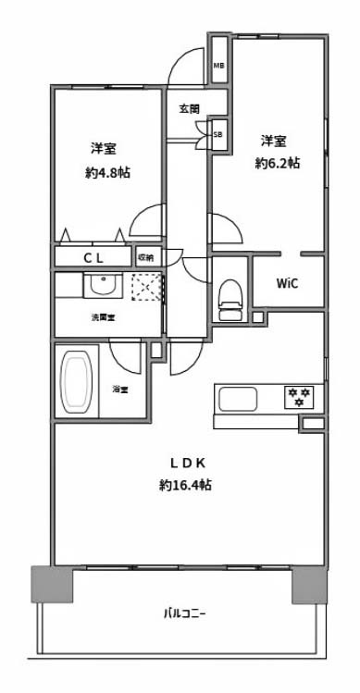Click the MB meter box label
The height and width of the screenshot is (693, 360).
pyautogui.click(x=219, y=67)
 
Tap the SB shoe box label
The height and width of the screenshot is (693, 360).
pyautogui.click(x=218, y=134)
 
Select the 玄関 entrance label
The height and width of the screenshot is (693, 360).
pyautogui.click(x=190, y=109)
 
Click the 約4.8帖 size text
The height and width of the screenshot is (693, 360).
pyautogui.click(x=107, y=172)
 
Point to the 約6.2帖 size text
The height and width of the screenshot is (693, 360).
pyautogui.click(x=278, y=164)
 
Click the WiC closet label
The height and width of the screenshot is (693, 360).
pyautogui.click(x=287, y=283)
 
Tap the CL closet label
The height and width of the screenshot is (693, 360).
pyautogui.click(x=93, y=259)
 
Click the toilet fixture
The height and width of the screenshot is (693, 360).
pyautogui.click(x=232, y=299)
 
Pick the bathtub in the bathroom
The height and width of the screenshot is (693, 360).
pyautogui.click(x=77, y=382)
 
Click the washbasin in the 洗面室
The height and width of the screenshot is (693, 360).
pyautogui.click(x=103, y=286)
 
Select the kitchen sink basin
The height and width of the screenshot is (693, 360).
pyautogui.click(x=239, y=399)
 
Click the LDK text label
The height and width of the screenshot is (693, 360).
pyautogui.click(x=187, y=464)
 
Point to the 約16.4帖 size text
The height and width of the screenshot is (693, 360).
pyautogui.click(x=185, y=485)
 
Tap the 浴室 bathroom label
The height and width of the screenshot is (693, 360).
pyautogui.click(x=120, y=390)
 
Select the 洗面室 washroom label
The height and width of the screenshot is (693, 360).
pyautogui.click(x=104, y=317)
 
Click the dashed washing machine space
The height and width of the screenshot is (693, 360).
pyautogui.click(x=146, y=287)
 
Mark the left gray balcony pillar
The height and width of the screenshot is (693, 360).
pyautogui.click(x=52, y=585)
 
